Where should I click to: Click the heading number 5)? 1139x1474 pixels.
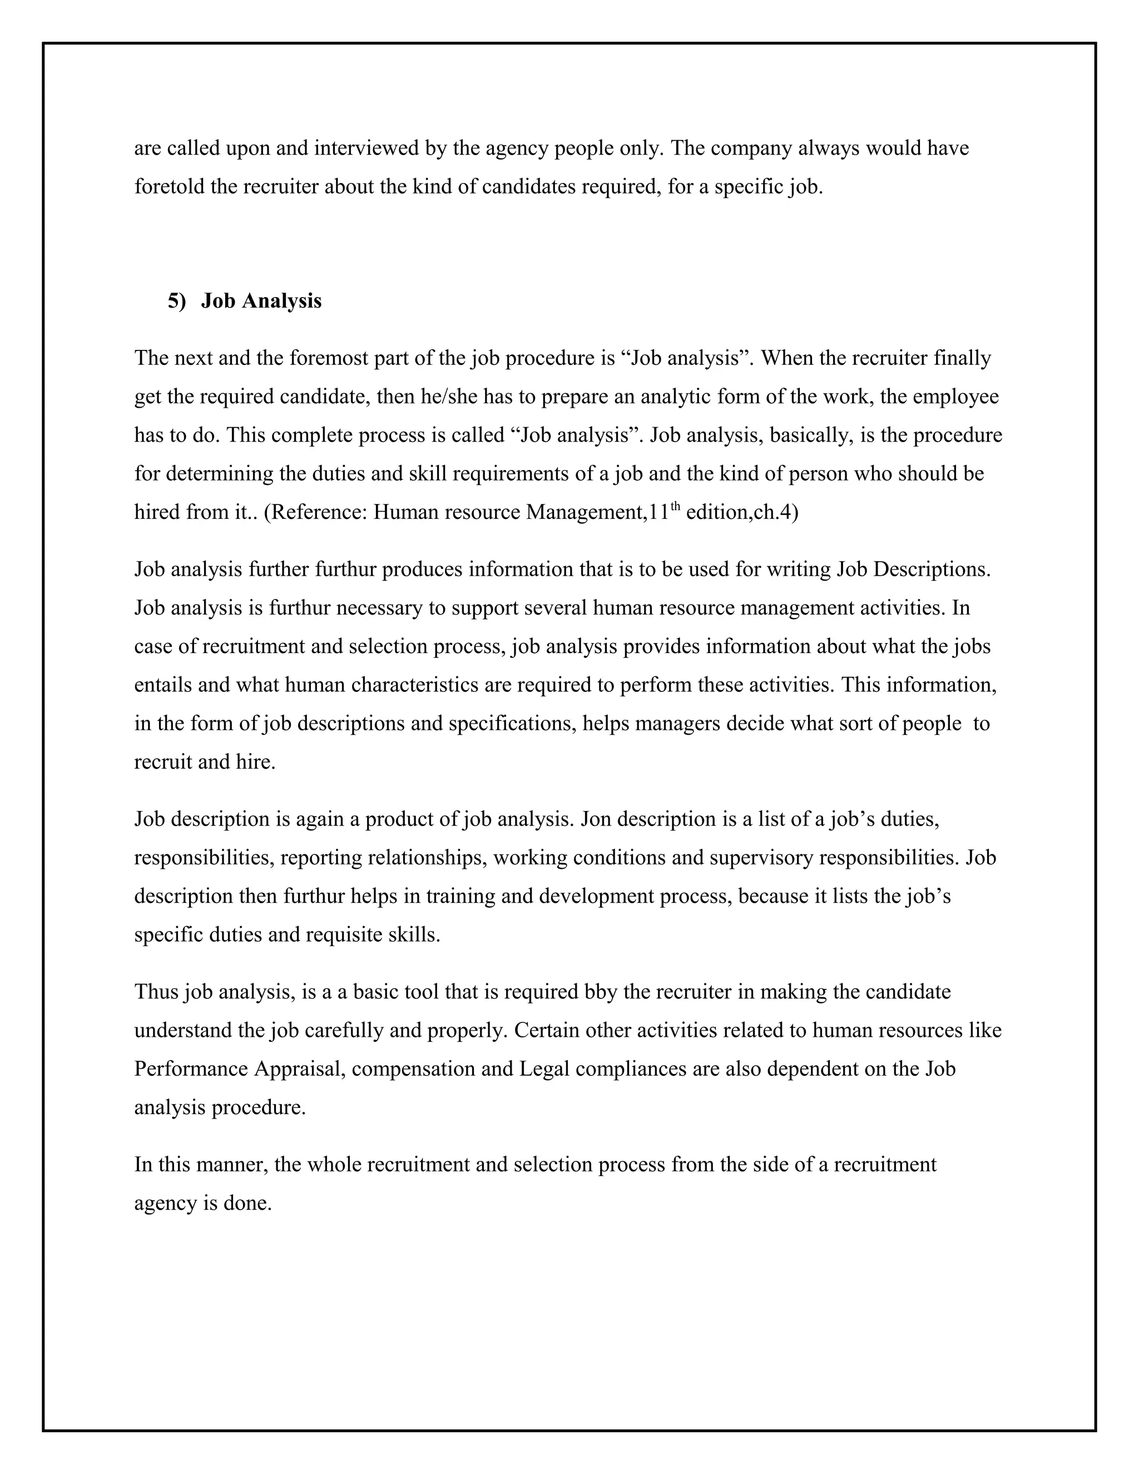point(176,301)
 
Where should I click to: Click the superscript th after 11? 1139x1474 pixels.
point(675,506)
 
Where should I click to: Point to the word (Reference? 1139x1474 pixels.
point(315,512)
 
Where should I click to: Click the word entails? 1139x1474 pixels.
point(162,685)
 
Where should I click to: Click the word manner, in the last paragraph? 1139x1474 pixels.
point(234,1165)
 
